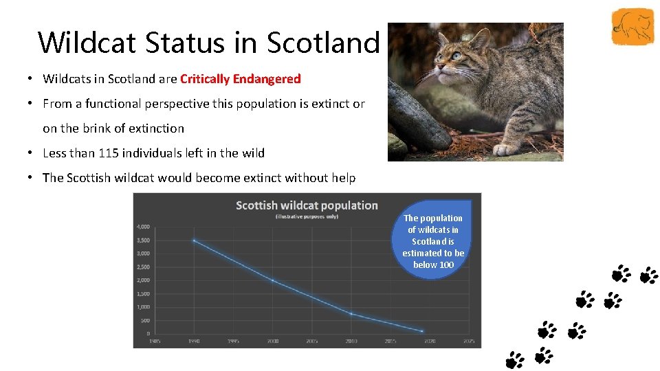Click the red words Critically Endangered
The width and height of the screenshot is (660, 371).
pyautogui.click(x=240, y=79)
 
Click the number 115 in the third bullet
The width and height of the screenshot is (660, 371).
pyautogui.click(x=107, y=153)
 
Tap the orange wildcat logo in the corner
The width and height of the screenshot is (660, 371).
pyautogui.click(x=632, y=27)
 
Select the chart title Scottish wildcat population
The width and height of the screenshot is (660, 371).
pyautogui.click(x=307, y=205)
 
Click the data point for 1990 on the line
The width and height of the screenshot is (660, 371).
pyautogui.click(x=195, y=240)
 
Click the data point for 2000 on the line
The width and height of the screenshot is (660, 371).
pyautogui.click(x=273, y=280)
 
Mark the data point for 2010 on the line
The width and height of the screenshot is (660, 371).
pyautogui.click(x=351, y=314)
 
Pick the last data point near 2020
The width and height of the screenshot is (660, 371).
pyautogui.click(x=422, y=330)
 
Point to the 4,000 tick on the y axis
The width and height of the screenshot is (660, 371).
pyautogui.click(x=143, y=227)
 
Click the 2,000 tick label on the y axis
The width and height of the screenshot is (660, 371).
pyautogui.click(x=143, y=280)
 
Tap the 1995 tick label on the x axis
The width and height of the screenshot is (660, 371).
pyautogui.click(x=234, y=341)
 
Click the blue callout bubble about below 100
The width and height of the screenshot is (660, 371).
pyautogui.click(x=433, y=240)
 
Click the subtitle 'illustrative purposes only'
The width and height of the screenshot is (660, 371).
pyautogui.click(x=307, y=216)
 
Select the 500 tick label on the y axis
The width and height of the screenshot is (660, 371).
pyautogui.click(x=144, y=321)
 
